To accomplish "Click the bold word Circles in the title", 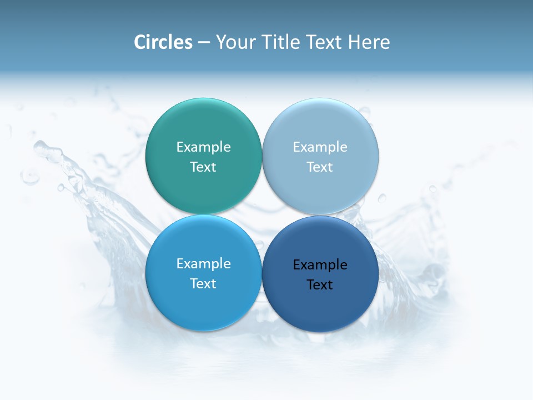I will tap(163, 42).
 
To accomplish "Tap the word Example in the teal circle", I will tap(203, 147).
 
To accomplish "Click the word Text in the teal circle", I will tap(203, 167).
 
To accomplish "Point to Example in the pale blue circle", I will tap(320, 147).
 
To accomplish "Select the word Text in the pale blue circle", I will tap(320, 167).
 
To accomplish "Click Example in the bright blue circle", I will tap(203, 264).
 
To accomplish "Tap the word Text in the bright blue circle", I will tap(203, 284).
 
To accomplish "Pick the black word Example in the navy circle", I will tap(320, 265).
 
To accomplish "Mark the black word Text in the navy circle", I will tap(320, 285).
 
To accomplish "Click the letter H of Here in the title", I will tap(354, 42).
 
